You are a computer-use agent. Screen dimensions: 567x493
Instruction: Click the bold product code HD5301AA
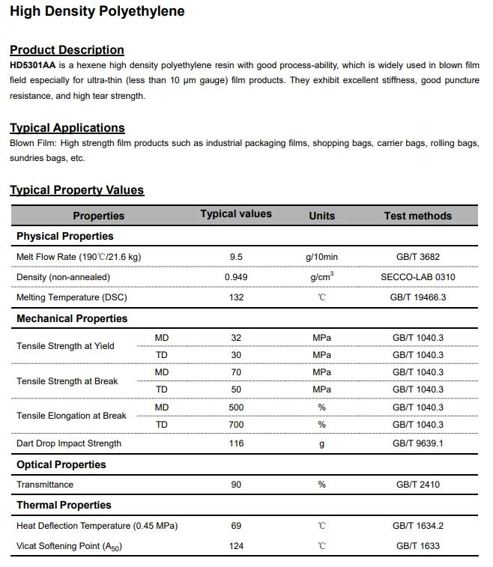coord(32,65)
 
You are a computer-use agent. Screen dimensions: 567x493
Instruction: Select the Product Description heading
coord(67,50)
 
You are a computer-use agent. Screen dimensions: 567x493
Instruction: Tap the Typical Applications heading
coord(67,128)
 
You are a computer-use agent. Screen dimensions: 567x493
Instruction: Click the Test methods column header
coord(417,216)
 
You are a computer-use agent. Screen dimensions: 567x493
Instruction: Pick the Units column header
coord(321,216)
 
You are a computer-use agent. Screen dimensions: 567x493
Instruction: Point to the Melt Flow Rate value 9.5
coord(236,257)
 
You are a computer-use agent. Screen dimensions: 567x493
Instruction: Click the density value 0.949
coord(236,277)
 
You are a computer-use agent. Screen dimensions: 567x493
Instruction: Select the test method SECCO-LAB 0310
coord(417,277)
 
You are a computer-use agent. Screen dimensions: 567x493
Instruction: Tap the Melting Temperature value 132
coord(236,297)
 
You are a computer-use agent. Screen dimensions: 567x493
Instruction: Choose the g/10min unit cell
coord(321,257)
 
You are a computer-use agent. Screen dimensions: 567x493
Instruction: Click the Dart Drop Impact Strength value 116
coord(236,443)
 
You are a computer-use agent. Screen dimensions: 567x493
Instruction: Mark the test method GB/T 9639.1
coord(417,443)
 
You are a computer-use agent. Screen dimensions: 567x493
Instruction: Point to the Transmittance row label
coord(45,485)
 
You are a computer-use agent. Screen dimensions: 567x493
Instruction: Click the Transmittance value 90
coord(236,485)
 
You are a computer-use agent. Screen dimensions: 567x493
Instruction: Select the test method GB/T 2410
coord(417,485)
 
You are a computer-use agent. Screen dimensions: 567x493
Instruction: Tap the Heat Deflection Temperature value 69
coord(236,526)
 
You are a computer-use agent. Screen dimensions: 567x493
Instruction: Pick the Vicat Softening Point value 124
coord(236,546)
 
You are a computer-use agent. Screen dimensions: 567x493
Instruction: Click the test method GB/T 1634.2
coord(417,526)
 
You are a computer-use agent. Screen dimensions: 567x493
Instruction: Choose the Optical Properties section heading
coord(61,464)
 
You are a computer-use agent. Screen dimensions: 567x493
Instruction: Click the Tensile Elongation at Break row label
coord(71,416)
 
